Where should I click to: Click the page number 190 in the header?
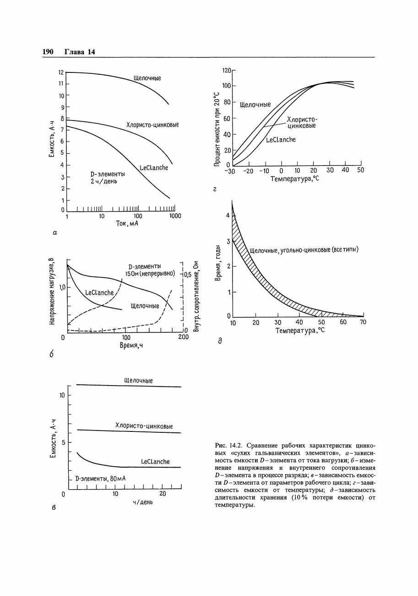pyautogui.click(x=48, y=52)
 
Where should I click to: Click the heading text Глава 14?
pyautogui.click(x=79, y=52)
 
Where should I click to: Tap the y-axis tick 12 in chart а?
pyautogui.click(x=60, y=72)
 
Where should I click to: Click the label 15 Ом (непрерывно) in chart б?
pyautogui.click(x=150, y=274)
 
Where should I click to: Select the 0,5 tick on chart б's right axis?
pyautogui.click(x=187, y=275)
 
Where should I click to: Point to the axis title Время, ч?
pyautogui.click(x=131, y=345)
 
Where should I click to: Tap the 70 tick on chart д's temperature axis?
pyautogui.click(x=363, y=322)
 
